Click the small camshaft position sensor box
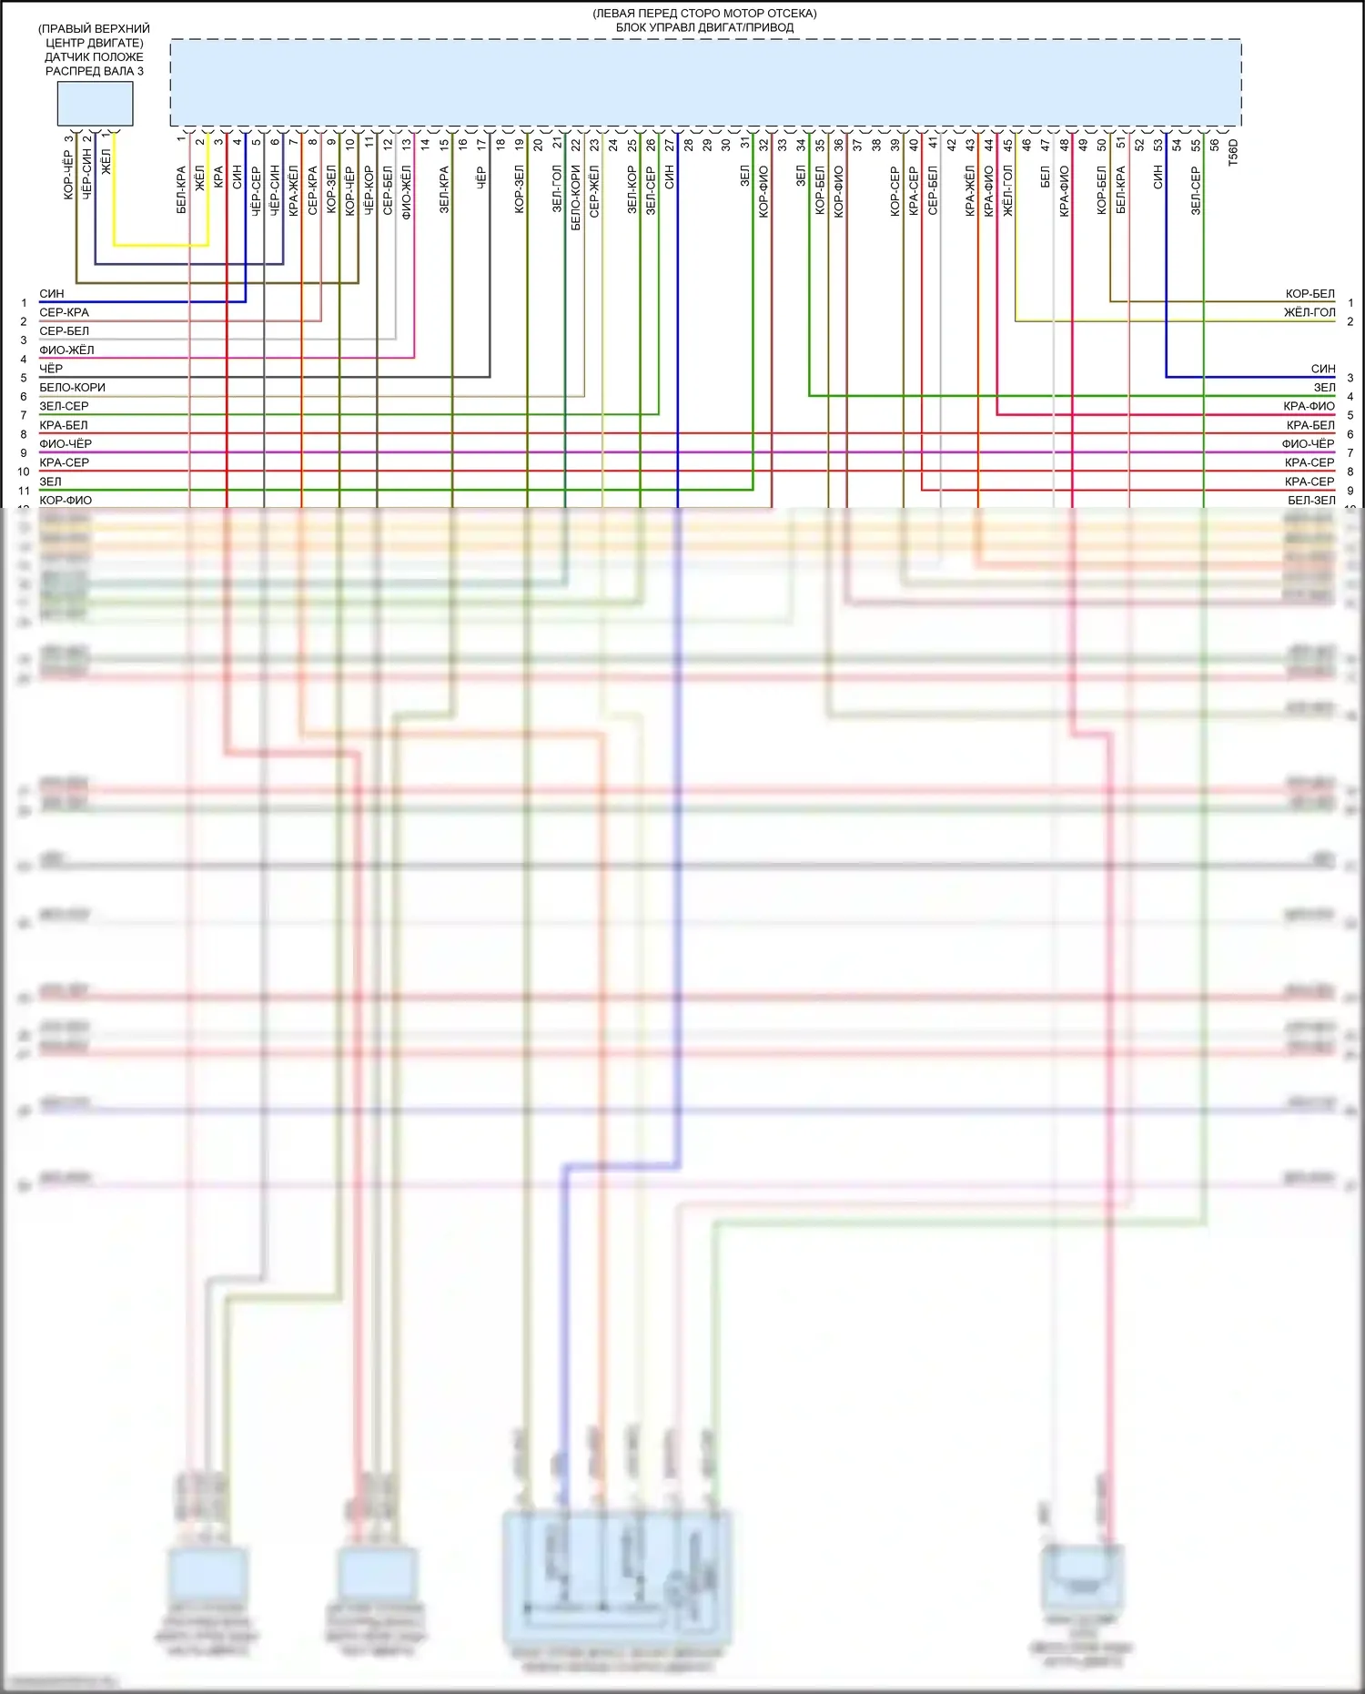point(95,104)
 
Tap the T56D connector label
point(1233,152)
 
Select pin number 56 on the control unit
point(1214,144)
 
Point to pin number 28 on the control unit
point(688,144)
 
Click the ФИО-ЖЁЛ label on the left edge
point(66,350)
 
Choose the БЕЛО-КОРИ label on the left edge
point(72,388)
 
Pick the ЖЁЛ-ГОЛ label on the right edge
point(1309,313)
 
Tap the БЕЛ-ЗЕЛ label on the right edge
point(1311,501)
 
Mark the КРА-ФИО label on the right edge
point(1309,407)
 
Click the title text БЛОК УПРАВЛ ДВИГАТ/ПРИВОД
point(704,27)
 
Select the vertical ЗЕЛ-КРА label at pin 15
point(444,189)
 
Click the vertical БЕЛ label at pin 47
point(1045,177)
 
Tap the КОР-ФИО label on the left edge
point(66,501)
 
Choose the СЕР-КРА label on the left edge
point(64,313)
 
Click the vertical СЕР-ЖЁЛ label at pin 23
point(594,191)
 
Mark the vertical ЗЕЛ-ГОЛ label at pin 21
point(557,189)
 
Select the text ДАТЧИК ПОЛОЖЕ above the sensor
point(94,56)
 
